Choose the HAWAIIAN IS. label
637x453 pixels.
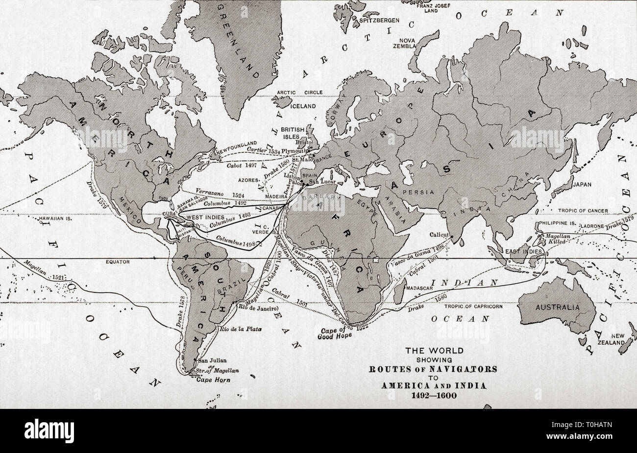[x=54, y=219]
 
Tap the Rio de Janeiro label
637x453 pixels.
[x=258, y=308]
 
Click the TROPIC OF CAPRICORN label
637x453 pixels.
[x=473, y=307]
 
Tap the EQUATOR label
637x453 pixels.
[x=118, y=262]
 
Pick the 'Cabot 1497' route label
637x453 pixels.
[x=240, y=166]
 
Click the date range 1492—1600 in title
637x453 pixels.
[x=434, y=396]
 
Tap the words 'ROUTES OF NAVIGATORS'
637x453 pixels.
[x=434, y=368]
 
